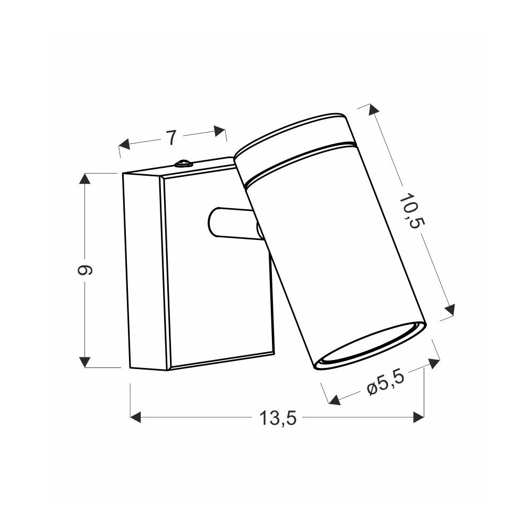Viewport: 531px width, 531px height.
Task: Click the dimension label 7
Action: coord(172,138)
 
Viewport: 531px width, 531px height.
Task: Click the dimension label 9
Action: coord(85,270)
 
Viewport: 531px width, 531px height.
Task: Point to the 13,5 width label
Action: coord(278,418)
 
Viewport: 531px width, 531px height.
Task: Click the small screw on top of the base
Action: coord(183,164)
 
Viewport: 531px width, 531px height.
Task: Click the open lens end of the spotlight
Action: coord(370,346)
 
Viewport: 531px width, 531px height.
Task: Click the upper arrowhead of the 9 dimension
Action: coord(84,178)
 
